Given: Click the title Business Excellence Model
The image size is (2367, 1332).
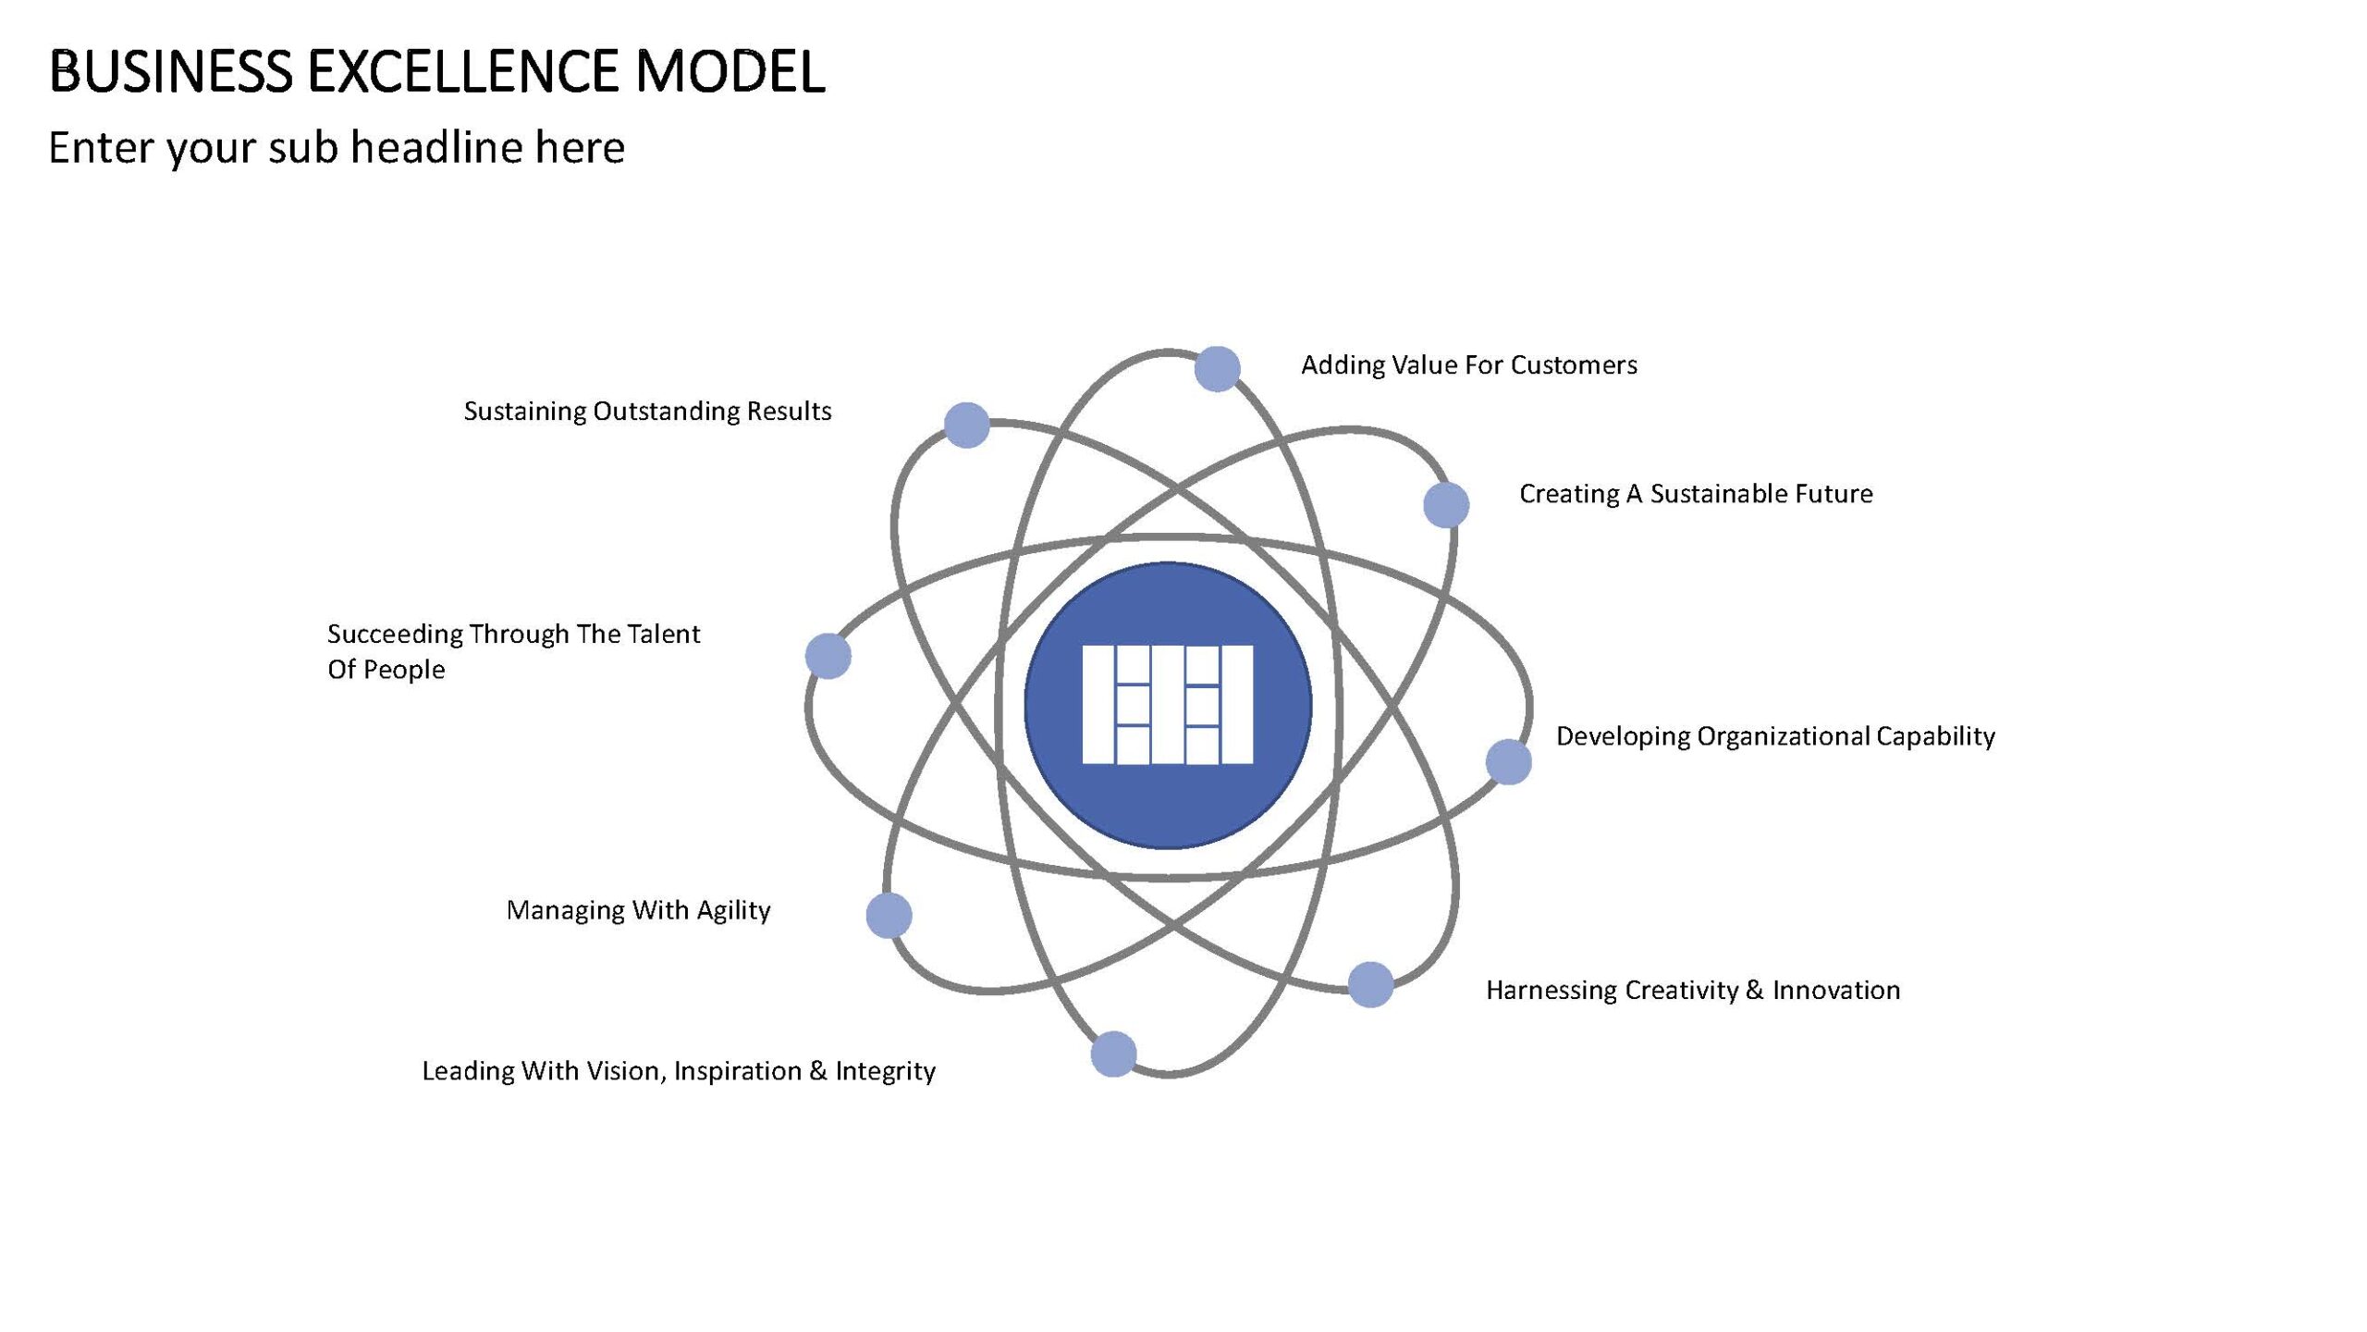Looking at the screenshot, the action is pos(436,71).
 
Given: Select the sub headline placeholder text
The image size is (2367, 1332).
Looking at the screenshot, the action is pos(337,148).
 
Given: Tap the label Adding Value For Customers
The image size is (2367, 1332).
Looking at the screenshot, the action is pos(1469,365).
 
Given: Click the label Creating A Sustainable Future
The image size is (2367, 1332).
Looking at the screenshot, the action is pos(1696,494).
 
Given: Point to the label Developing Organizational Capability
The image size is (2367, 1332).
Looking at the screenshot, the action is pos(1775,736).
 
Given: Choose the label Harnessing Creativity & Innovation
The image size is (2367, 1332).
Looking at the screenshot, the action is pos(1693,990).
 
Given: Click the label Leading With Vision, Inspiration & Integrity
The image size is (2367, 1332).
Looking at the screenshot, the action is pos(679,1071).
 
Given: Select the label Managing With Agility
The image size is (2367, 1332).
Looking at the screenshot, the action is pos(638,910).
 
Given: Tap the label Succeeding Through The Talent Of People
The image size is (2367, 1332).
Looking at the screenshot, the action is pos(513,651).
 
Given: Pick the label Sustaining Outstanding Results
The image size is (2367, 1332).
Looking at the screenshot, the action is pos(647,411).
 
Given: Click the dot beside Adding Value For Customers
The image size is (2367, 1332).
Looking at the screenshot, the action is pos(1217,369).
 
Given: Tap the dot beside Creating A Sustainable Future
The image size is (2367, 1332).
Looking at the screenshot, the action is pos(1446,505).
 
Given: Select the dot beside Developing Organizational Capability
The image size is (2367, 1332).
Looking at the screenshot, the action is pos(1509,762).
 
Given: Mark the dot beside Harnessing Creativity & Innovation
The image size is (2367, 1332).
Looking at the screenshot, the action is pos(1370,984).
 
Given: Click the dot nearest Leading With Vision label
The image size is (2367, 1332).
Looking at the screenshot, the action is pos(1113,1054).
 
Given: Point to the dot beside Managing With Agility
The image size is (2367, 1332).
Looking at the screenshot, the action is pos(889,916).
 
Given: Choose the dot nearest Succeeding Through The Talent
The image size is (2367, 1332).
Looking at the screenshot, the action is pos(828,657).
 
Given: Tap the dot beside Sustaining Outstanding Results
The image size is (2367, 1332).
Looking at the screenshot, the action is pos(966,425).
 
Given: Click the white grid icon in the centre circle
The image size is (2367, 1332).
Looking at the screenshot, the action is pos(1168,705).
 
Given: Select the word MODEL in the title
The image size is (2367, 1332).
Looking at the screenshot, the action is pos(730,71).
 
